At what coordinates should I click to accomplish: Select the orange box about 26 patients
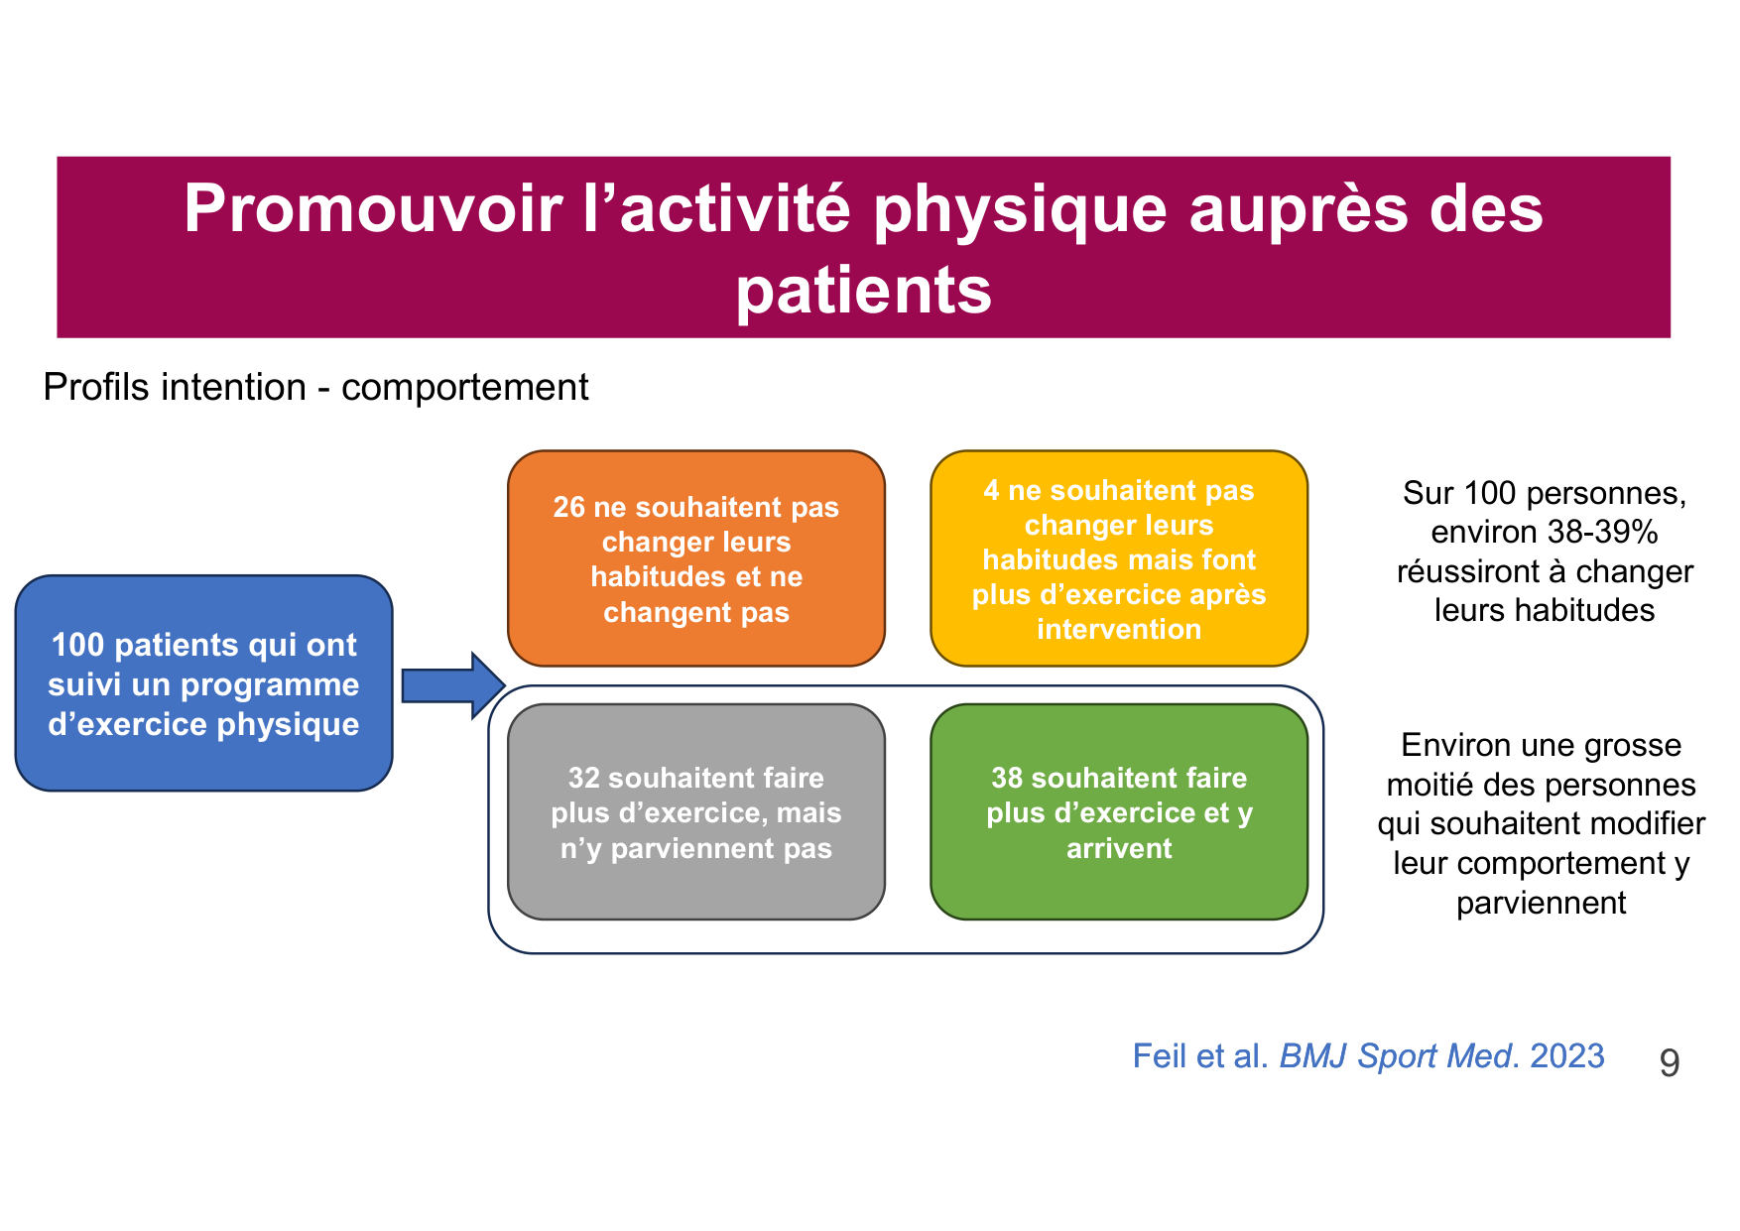695,558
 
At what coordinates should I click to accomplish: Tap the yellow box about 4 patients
1118,558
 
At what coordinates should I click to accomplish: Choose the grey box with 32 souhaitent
695,811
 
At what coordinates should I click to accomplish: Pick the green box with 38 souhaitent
1118,811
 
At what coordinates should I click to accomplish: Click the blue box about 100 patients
203,683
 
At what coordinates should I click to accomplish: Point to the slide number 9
1670,1062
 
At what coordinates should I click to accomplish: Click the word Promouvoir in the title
372,209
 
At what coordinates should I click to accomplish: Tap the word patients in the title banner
863,291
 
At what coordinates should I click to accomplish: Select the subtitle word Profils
92,387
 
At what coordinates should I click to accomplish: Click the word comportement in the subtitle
464,387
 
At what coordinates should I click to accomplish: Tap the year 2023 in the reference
1566,1055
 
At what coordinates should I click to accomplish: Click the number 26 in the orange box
568,507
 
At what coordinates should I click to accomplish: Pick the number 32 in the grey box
583,778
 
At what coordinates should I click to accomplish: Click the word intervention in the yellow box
1118,629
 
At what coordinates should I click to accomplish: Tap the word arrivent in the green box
1118,848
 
